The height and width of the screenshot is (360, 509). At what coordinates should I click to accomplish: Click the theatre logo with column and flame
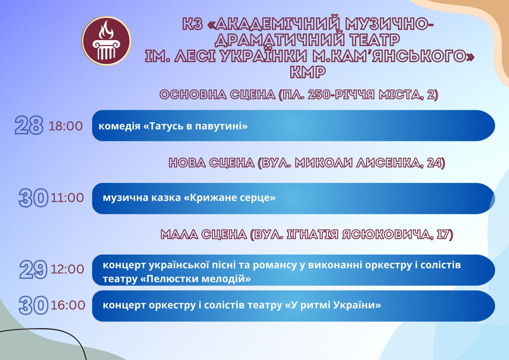pyautogui.click(x=106, y=41)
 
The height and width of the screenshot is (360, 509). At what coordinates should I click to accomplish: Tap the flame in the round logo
pyautogui.click(x=106, y=30)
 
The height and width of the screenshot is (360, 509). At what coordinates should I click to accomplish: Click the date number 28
pyautogui.click(x=29, y=125)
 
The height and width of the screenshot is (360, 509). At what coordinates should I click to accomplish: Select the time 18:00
pyautogui.click(x=66, y=126)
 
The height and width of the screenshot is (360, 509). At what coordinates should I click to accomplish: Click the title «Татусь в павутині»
pyautogui.click(x=196, y=126)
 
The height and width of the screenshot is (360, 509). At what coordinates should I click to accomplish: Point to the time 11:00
pyautogui.click(x=67, y=198)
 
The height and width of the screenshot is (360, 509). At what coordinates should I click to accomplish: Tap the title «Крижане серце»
pyautogui.click(x=229, y=197)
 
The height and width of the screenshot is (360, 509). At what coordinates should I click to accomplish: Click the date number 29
pyautogui.click(x=33, y=270)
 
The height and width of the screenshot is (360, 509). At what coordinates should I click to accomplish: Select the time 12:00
pyautogui.click(x=67, y=269)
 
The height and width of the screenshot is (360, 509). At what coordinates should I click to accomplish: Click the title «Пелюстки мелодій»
pyautogui.click(x=196, y=278)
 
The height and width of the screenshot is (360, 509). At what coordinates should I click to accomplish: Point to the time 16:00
pyautogui.click(x=68, y=305)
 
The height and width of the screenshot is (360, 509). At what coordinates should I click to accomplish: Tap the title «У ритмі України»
pyautogui.click(x=333, y=305)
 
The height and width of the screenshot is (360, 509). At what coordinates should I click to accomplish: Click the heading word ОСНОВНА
pyautogui.click(x=193, y=95)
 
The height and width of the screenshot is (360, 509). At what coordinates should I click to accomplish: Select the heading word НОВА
pyautogui.click(x=187, y=163)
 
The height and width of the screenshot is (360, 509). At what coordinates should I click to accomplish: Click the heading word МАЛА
pyautogui.click(x=179, y=235)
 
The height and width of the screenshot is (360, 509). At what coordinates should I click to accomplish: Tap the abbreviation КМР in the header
pyautogui.click(x=308, y=72)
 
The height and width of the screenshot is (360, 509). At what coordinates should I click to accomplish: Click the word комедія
pyautogui.click(x=119, y=126)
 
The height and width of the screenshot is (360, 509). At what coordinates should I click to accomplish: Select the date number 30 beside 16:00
pyautogui.click(x=33, y=305)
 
